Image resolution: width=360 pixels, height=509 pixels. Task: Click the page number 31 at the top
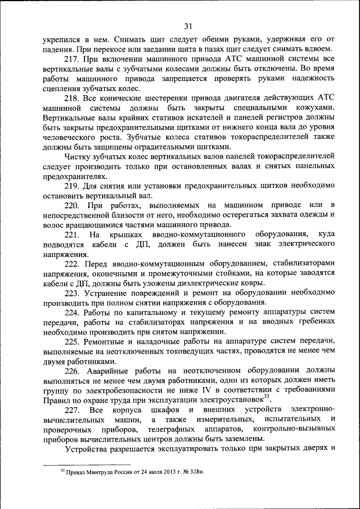pos(188,25)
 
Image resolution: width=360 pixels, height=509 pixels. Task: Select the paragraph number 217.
pos(73,59)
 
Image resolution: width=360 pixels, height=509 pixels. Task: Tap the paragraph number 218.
pos(73,98)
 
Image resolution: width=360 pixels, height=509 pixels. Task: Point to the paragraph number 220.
pos(73,204)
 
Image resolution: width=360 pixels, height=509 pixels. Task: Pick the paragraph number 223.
pos(73,292)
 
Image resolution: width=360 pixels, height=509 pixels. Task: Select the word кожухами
pos(314,107)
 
